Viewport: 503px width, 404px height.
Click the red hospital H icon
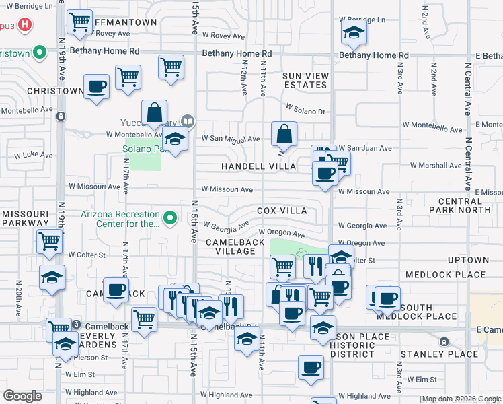(25, 26)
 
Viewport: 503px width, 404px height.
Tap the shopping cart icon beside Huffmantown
(81, 22)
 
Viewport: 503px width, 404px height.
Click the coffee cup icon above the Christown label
(97, 87)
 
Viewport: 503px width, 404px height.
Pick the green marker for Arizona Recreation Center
(170, 217)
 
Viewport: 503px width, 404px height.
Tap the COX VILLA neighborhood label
(281, 211)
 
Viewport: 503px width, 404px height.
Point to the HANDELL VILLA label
(259, 166)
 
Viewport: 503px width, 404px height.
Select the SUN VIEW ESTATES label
(304, 80)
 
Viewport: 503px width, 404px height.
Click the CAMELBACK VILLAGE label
(231, 246)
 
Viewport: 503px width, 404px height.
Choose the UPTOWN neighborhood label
(467, 259)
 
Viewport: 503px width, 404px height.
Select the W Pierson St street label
(85, 358)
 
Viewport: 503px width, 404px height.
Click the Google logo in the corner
(22, 396)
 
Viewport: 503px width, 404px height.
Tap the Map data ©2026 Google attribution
(461, 399)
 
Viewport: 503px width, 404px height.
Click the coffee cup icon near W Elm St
(311, 368)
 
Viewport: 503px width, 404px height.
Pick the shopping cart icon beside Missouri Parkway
(50, 240)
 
